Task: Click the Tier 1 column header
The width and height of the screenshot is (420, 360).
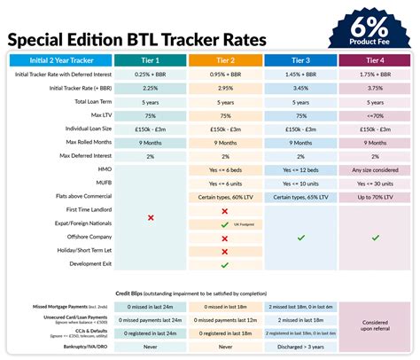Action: coord(151,59)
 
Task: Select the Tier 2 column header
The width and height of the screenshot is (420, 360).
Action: coord(226,59)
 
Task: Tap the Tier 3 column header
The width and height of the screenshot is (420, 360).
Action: coord(301,59)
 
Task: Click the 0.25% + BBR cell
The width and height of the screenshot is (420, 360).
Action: coord(151,74)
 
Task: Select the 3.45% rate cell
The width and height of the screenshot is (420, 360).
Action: coord(301,89)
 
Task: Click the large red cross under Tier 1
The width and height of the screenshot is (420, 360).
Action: coord(151,217)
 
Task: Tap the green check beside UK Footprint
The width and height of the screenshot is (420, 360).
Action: coord(224,224)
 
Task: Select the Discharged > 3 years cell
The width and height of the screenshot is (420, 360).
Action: coord(301,348)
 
